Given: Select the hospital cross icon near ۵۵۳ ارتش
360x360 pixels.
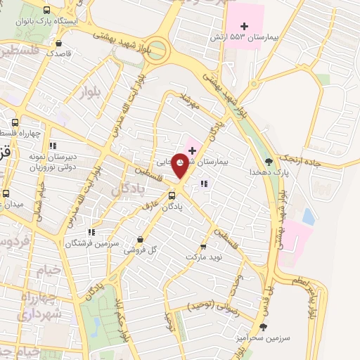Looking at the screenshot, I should (213, 25).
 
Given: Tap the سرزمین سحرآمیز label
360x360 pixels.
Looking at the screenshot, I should (263, 338).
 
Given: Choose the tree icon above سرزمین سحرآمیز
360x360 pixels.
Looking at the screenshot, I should (263, 327).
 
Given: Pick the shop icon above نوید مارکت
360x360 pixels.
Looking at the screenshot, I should (204, 247).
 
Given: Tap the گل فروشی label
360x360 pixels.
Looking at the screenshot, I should (140, 250).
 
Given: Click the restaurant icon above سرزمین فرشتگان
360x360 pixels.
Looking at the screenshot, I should (91, 231).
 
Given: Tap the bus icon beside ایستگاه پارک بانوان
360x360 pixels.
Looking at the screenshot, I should (46, 10).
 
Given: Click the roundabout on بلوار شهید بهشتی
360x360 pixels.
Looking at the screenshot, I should (158, 51).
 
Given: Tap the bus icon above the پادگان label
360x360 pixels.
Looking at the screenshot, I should (172, 195).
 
